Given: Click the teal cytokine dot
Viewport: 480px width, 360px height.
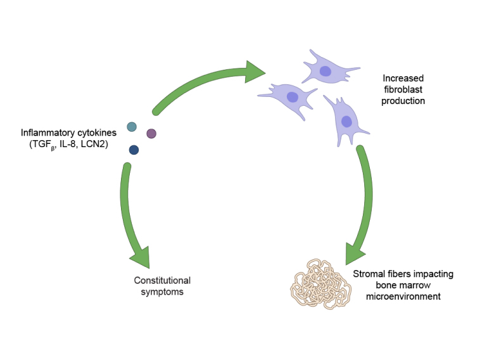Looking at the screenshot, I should tap(132, 127).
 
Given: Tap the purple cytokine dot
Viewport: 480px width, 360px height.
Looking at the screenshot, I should tap(151, 133).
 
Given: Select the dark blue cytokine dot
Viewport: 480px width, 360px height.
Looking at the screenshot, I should tap(134, 150).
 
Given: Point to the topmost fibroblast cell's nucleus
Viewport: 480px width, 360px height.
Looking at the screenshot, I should tap(325, 72).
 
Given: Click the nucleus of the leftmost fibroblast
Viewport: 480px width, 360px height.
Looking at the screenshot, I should tap(293, 97).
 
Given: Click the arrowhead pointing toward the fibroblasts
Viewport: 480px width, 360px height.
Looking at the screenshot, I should tap(255, 72).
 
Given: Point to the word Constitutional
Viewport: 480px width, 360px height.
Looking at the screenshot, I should tap(162, 280).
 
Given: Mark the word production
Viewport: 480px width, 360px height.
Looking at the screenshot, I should tap(403, 100).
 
